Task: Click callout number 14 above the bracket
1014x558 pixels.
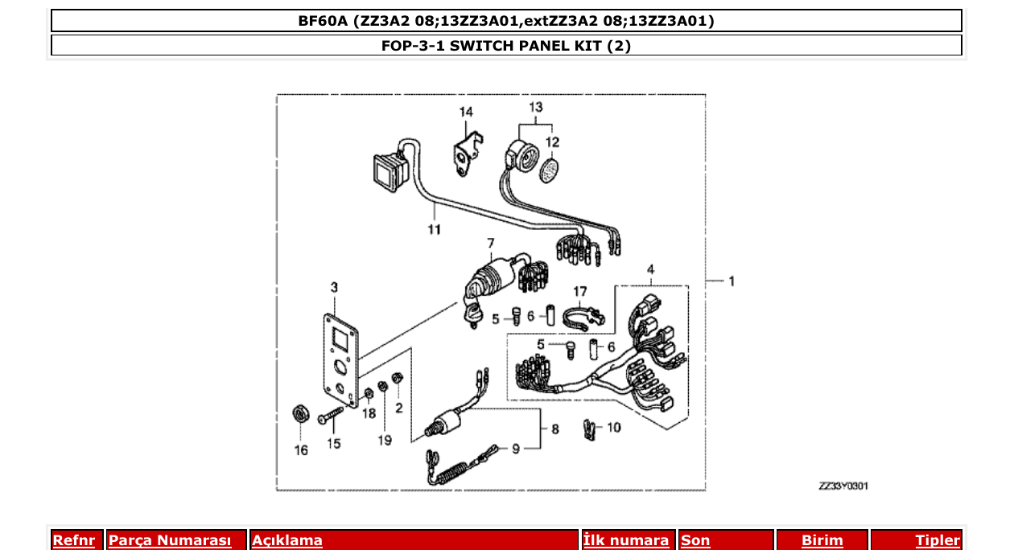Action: pos(467,113)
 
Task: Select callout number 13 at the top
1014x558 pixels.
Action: pos(536,107)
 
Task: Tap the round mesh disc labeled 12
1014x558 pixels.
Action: pos(550,171)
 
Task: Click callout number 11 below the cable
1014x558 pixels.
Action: pos(435,231)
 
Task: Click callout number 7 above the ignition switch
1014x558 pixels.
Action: pos(489,243)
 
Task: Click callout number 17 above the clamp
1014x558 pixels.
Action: pos(580,291)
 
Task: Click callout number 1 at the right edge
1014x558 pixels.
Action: pos(731,281)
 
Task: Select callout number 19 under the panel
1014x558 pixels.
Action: pos(385,440)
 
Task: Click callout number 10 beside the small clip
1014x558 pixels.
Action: pos(614,428)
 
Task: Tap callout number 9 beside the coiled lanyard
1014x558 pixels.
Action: pos(517,449)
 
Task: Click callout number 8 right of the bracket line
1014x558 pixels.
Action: pos(554,429)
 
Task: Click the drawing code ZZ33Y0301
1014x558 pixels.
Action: pos(843,486)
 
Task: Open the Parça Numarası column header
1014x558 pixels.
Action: pos(170,541)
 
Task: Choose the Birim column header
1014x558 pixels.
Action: pos(822,541)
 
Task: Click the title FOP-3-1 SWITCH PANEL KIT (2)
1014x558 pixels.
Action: pos(506,46)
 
